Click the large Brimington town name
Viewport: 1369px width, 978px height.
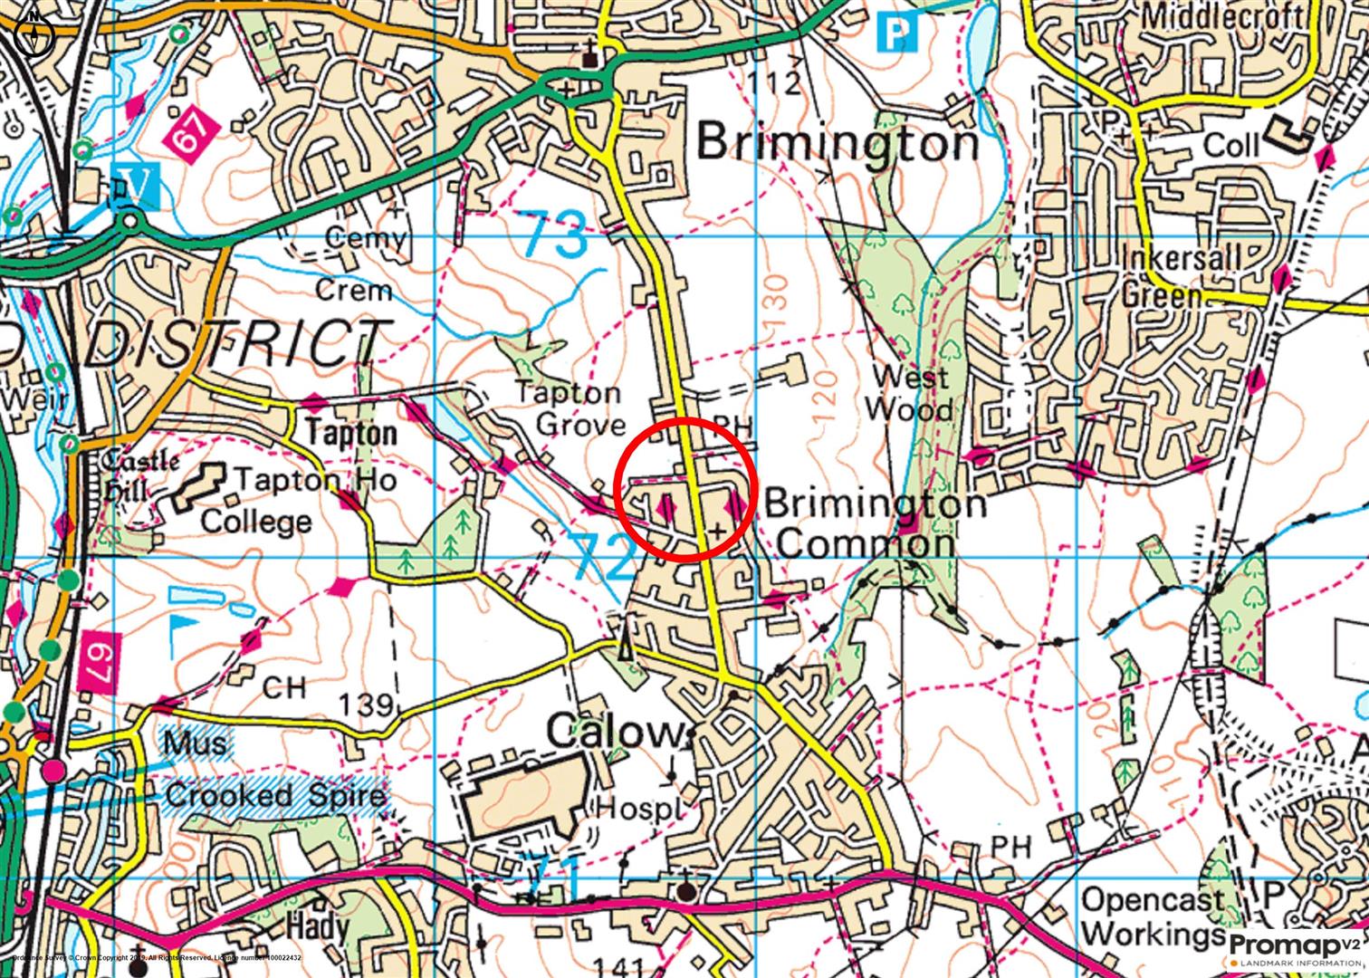point(838,143)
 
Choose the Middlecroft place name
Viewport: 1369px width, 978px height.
point(1222,16)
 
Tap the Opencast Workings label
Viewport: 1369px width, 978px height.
point(1153,916)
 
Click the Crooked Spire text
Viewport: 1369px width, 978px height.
point(275,796)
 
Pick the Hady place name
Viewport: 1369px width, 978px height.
point(317,925)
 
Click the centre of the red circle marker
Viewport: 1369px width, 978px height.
point(685,489)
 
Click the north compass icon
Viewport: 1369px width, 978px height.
point(34,34)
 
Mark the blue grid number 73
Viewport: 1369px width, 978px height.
point(554,235)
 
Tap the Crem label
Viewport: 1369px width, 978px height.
point(354,291)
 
